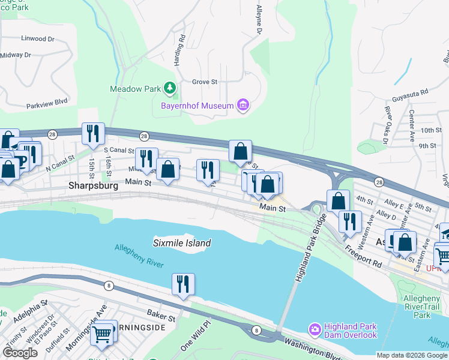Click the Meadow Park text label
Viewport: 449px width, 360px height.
(x=134, y=89)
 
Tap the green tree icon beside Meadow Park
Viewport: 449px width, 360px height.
(x=170, y=89)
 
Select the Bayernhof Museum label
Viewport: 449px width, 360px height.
(x=196, y=106)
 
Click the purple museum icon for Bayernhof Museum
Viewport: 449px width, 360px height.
(x=243, y=106)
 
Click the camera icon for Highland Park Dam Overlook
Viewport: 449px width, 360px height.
(x=314, y=329)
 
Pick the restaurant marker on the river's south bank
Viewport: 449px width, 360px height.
(x=182, y=283)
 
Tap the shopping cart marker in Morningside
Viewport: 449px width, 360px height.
(x=102, y=334)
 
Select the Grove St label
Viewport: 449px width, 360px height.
(x=204, y=82)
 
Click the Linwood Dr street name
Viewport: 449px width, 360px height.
(x=37, y=38)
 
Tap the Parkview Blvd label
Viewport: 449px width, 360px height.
(x=47, y=103)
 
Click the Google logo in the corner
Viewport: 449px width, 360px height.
(x=20, y=353)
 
